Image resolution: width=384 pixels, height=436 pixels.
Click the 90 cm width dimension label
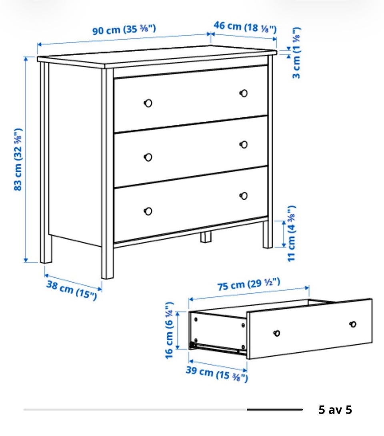click(x=124, y=30)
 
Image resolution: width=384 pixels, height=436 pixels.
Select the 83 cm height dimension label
click(x=18, y=159)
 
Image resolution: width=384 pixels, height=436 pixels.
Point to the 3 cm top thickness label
click(x=296, y=53)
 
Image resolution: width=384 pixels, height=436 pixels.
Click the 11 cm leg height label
click(x=291, y=233)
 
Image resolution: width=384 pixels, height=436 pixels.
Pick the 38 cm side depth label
click(x=72, y=290)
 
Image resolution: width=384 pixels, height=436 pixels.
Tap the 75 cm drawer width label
click(x=249, y=284)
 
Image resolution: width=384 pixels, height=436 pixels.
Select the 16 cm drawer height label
click(x=169, y=330)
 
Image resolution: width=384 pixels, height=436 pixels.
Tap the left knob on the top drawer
click(x=148, y=103)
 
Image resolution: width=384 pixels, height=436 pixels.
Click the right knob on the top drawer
click(x=244, y=93)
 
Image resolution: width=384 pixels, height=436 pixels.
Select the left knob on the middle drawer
click(x=148, y=157)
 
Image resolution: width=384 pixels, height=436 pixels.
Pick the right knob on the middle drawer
click(x=244, y=145)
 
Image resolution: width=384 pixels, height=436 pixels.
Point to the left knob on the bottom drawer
click(x=148, y=211)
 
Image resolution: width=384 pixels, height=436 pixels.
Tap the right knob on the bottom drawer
click(x=244, y=196)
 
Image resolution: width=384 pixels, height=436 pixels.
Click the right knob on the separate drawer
click(x=353, y=324)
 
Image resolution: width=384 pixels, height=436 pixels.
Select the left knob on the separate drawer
click(x=277, y=333)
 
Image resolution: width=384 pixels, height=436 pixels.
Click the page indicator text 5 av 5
click(x=335, y=410)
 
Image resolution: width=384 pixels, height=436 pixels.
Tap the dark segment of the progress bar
click(x=275, y=410)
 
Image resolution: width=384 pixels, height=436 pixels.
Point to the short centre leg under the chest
click(x=206, y=237)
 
